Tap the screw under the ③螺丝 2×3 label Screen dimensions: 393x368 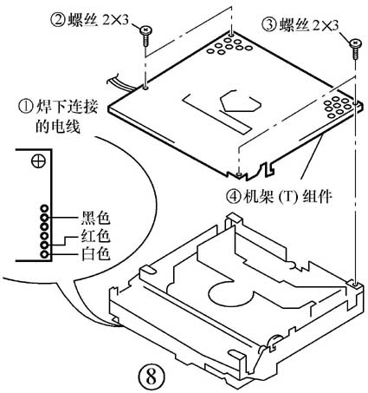pos(355,42)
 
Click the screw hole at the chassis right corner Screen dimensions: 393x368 pos(355,282)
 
